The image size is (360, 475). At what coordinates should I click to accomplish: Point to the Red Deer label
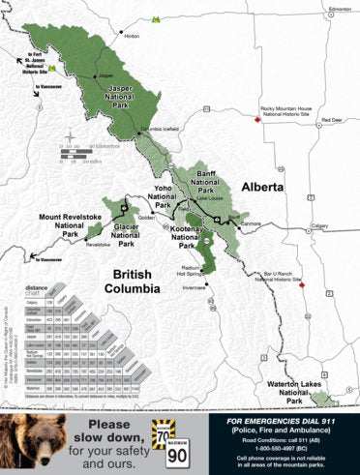pyautogui.click(x=331, y=120)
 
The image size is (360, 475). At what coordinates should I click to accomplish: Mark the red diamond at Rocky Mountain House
pyautogui.click(x=257, y=119)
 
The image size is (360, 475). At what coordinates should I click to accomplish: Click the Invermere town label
pyautogui.click(x=195, y=287)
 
